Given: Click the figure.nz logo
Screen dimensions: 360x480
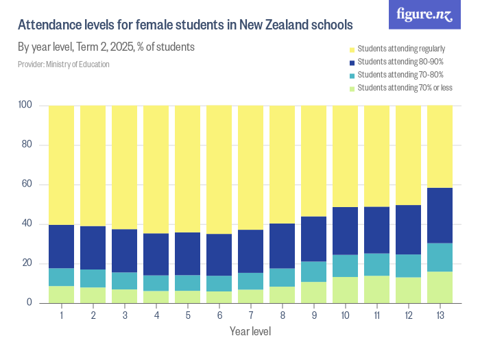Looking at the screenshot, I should point(424,14).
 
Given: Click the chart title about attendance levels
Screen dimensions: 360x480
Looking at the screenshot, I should point(185,25).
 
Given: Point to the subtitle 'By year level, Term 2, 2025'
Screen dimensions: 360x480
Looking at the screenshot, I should point(106,47).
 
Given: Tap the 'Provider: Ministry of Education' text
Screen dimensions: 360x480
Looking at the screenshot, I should point(63,64).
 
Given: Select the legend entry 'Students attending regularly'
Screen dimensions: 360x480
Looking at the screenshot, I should point(401,49).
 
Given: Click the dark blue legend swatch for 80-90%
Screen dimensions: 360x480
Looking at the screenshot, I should point(352,62).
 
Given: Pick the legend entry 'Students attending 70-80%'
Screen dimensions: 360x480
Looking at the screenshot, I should point(400,75).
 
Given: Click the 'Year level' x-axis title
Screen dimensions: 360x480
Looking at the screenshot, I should point(250,332).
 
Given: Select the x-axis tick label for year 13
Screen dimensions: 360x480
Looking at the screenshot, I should point(440,315).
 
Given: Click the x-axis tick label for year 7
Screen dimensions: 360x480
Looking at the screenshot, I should point(250,315).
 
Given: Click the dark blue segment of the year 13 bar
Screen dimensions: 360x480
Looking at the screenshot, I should point(440,215).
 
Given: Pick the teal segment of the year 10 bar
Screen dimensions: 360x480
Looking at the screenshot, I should point(345,265).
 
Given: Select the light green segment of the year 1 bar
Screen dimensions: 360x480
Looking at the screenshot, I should point(61,294).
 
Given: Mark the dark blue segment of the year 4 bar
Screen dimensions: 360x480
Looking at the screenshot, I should point(156,254).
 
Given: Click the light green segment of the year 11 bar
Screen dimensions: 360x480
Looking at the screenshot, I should point(376,289).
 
